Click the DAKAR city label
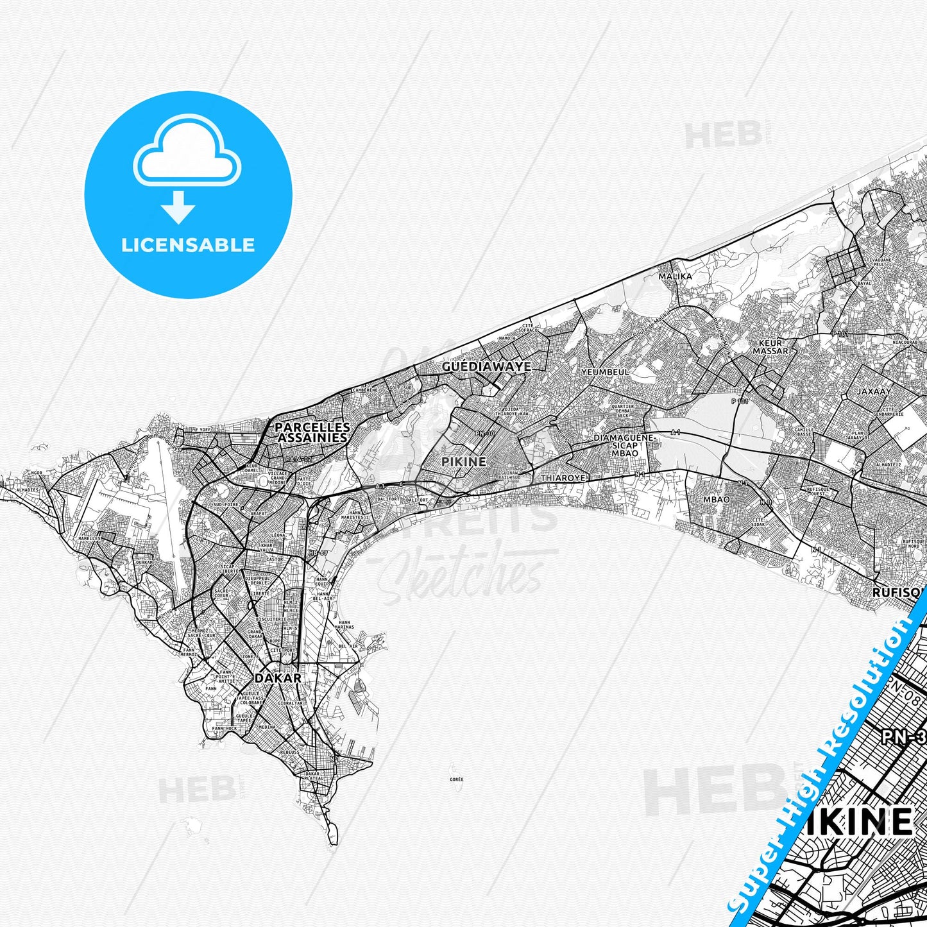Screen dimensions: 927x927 point(278,677)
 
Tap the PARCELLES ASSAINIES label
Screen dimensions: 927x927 point(312,432)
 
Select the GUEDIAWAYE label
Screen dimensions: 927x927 point(486,366)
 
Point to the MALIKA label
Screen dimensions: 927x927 point(676,276)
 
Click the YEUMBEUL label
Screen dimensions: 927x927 point(605,372)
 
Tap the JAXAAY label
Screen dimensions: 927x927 point(874,391)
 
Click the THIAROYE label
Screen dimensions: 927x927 point(563,478)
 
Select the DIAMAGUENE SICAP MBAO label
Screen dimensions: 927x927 point(624,445)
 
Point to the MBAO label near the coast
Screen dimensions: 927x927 point(716,499)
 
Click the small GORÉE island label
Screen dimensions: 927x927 point(456,779)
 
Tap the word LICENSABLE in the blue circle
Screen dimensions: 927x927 point(188,245)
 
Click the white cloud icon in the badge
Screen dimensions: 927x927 point(187,154)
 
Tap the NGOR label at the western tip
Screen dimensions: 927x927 point(36,473)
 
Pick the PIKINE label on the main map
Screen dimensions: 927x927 point(464,461)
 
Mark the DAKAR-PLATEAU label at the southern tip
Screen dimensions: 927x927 point(312,776)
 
